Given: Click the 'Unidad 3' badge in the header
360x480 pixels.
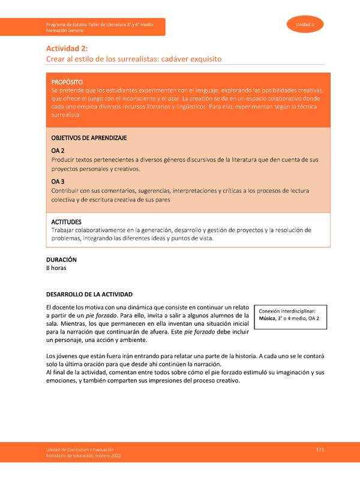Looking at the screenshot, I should [305, 25].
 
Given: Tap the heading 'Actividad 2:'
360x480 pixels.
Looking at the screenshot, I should [68, 49].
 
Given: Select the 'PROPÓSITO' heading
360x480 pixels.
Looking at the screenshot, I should [67, 82].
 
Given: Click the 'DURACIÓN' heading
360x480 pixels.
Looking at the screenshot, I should [62, 260].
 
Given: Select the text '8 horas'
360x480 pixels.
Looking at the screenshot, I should [56, 269].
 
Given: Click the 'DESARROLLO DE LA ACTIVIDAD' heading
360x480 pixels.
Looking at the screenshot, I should [89, 295].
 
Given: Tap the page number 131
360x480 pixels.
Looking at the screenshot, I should [320, 449].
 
